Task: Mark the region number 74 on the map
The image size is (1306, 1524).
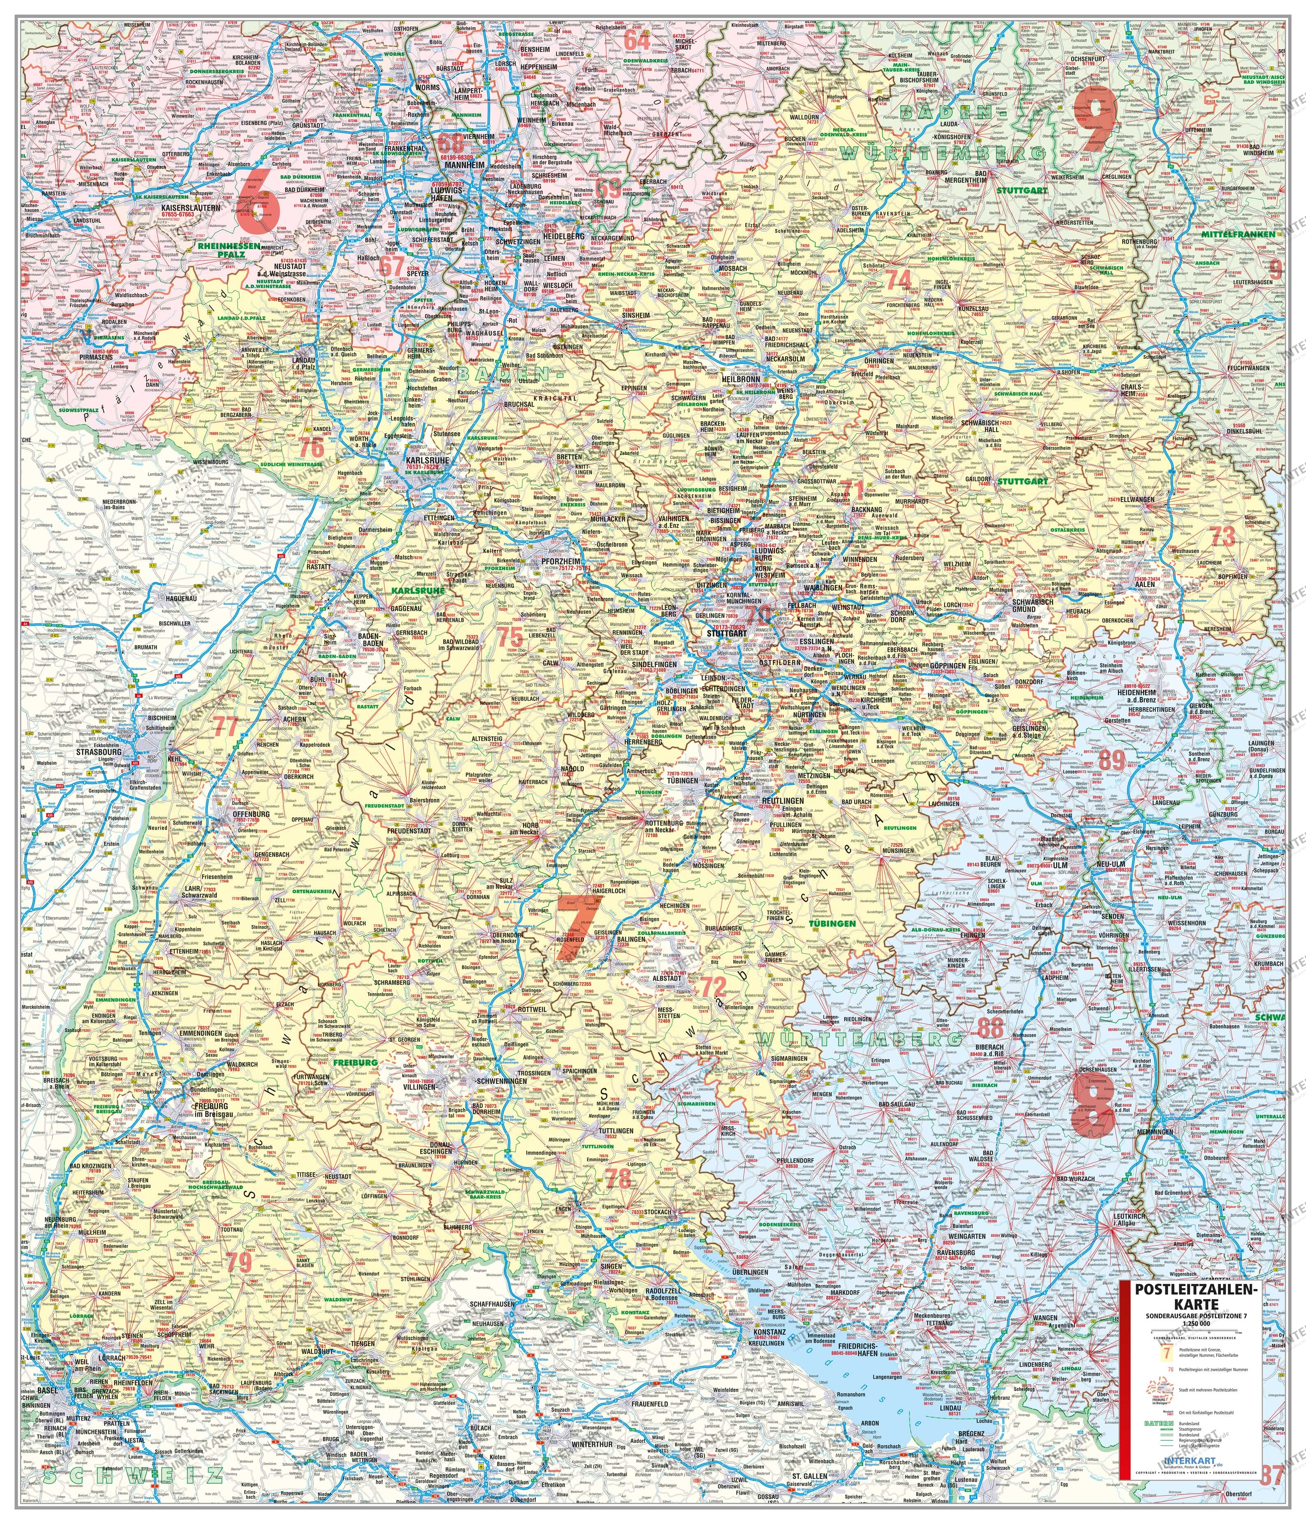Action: [898, 279]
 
